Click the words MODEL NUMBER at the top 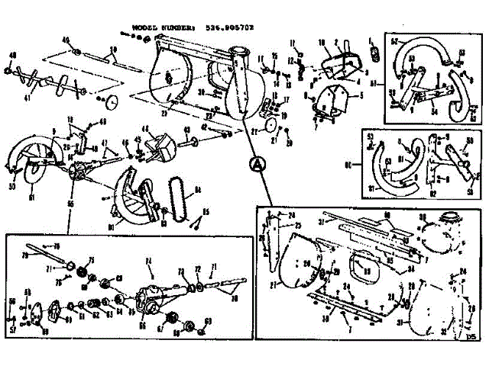coord(156,26)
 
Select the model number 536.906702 coord(229,26)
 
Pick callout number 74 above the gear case coord(150,260)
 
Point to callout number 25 coord(298,226)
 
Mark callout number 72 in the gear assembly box coord(198,269)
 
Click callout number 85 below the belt coord(206,212)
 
